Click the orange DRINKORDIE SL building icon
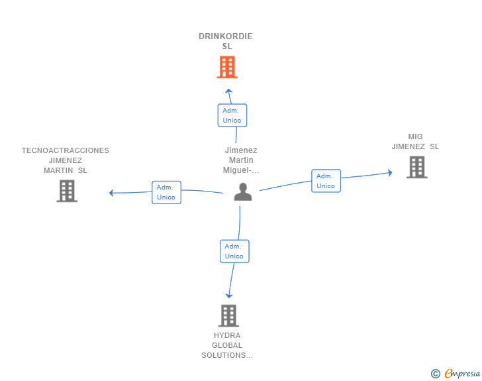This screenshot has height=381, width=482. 227,67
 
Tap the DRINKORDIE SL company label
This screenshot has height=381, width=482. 226,41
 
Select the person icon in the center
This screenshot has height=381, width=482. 243,191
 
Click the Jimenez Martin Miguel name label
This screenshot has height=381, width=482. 241,160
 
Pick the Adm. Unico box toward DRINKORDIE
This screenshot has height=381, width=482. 232,115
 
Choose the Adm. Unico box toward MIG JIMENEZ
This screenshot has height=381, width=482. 326,181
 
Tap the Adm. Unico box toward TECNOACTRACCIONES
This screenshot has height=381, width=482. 166,192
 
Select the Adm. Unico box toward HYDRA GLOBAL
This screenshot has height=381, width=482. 234,251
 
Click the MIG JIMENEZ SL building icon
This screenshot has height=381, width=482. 417,167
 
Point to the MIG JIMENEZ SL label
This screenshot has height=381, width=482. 415,142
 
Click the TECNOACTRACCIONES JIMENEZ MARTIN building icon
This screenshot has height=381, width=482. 67,191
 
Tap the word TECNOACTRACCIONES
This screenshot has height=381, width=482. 66,150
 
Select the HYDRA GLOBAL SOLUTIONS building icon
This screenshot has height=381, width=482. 228,316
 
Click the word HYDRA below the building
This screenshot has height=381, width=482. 227,335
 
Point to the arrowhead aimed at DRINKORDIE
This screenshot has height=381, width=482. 228,91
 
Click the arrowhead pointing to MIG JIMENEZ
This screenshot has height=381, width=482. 390,173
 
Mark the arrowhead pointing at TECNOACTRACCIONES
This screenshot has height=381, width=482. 112,193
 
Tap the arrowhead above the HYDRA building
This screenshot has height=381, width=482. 229,296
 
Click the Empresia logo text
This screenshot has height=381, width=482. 462,374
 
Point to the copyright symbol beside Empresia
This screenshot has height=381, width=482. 436,374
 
